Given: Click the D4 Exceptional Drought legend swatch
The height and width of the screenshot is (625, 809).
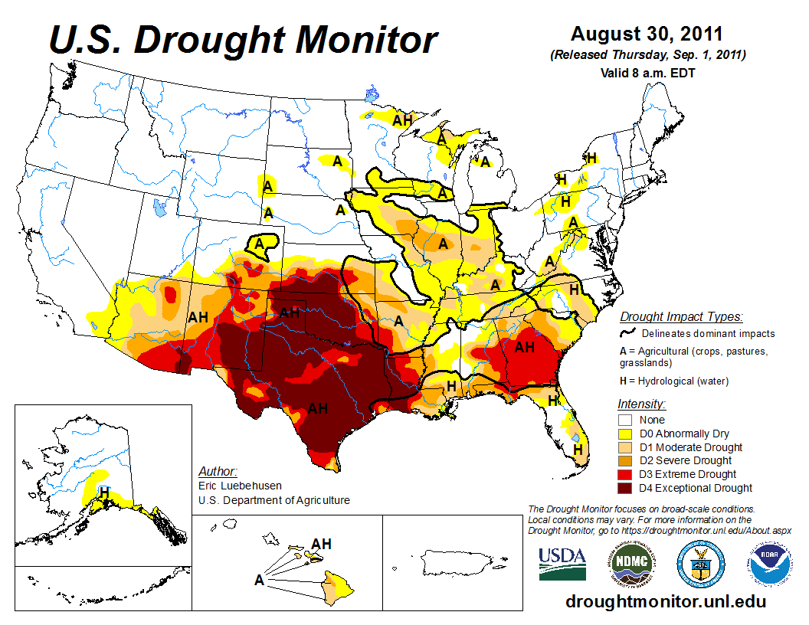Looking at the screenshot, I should pyautogui.click(x=626, y=488).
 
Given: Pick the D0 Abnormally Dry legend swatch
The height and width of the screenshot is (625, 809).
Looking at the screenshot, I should pyautogui.click(x=626, y=434).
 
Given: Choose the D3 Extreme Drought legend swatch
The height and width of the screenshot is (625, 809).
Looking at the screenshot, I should pyautogui.click(x=626, y=474).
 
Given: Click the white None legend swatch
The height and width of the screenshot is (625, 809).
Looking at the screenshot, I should pyautogui.click(x=626, y=420).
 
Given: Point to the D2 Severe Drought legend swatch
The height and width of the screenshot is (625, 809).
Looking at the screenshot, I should pyautogui.click(x=626, y=460).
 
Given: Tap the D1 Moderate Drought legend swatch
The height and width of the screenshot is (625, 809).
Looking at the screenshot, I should pyautogui.click(x=626, y=447).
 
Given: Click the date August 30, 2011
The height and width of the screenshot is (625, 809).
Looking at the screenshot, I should pyautogui.click(x=647, y=34).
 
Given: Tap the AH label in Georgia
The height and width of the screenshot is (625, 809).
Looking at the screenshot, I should pyautogui.click(x=524, y=348).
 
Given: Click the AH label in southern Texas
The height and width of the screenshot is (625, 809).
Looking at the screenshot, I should pyautogui.click(x=317, y=408).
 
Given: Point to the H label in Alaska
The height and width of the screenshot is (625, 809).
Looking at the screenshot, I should pyautogui.click(x=104, y=491).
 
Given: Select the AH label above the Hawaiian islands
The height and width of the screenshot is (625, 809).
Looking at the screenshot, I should pyautogui.click(x=322, y=544).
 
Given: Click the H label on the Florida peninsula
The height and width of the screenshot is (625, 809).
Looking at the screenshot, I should pyautogui.click(x=578, y=449).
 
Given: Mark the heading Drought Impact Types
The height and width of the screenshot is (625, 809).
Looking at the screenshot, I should pyautogui.click(x=681, y=316).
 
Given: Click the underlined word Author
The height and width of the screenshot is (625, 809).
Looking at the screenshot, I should pyautogui.click(x=218, y=470).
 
